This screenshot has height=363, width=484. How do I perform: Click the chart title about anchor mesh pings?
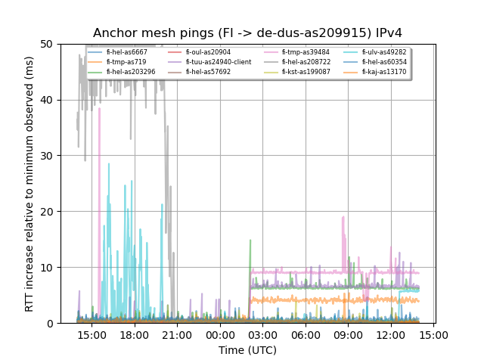point(247,33)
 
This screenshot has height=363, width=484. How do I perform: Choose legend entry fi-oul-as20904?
point(208,52)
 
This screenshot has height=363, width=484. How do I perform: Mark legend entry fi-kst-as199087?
point(306,72)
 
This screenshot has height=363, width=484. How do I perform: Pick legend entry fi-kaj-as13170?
point(383,72)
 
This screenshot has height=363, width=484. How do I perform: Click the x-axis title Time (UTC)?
point(247,350)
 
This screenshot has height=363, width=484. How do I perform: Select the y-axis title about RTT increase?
point(29,184)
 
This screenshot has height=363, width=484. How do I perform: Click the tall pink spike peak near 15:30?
point(99,108)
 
